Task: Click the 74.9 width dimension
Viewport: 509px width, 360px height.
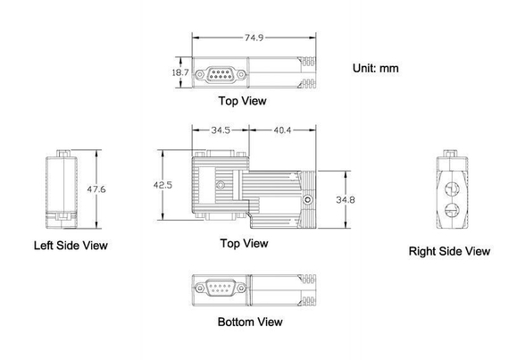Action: pyautogui.click(x=254, y=38)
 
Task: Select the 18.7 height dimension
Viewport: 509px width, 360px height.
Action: pyautogui.click(x=180, y=72)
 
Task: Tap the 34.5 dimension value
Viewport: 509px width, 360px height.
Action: pyautogui.click(x=221, y=130)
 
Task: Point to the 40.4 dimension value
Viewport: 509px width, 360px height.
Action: pyautogui.click(x=282, y=130)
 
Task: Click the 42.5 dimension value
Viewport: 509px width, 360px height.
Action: pyautogui.click(x=163, y=185)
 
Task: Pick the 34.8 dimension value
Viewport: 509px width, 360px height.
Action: pyautogui.click(x=346, y=199)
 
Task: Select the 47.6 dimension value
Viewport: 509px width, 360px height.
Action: pyautogui.click(x=96, y=188)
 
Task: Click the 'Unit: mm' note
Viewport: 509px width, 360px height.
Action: pyautogui.click(x=376, y=68)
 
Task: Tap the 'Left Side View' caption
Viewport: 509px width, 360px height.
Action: pyautogui.click(x=71, y=246)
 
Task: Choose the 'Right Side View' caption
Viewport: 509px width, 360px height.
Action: pyautogui.click(x=449, y=251)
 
